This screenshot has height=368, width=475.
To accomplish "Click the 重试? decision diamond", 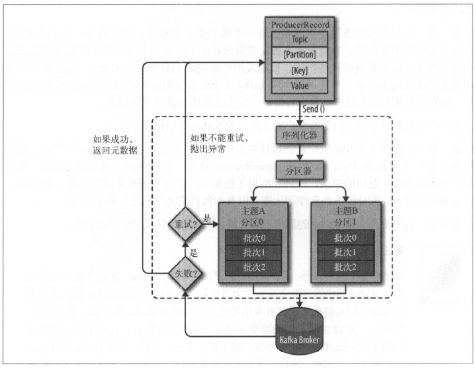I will [x=185, y=226].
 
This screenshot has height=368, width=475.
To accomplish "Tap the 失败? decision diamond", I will [x=185, y=273].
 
